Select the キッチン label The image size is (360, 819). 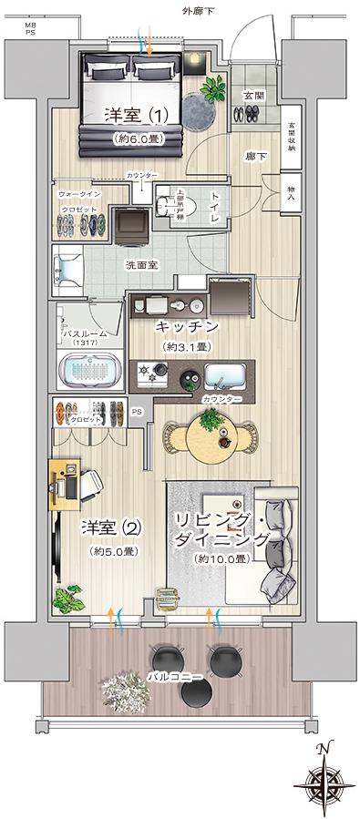point(186,326)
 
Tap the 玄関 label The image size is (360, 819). point(252,95)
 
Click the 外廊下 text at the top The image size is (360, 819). point(199,11)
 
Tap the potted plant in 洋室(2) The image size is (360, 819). point(67,599)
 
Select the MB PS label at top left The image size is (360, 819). point(31,29)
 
